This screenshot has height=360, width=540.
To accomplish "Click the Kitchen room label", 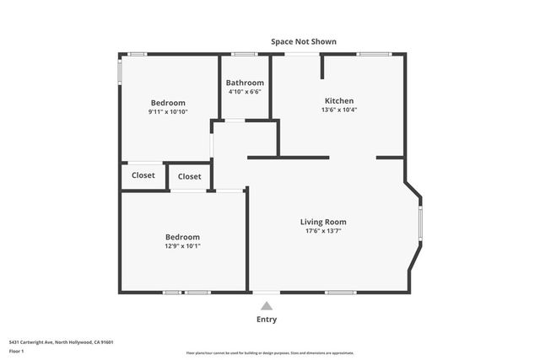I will click(x=338, y=100).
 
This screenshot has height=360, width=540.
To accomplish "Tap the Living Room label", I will click(x=323, y=222).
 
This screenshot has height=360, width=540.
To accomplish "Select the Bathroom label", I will click(x=245, y=83).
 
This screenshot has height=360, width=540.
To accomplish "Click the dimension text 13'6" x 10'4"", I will click(x=338, y=110).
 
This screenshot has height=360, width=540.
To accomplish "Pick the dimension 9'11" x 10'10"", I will click(x=168, y=111).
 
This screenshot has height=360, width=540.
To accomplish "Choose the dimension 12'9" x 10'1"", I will click(x=182, y=246).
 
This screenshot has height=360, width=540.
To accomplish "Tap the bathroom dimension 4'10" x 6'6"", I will click(x=245, y=91).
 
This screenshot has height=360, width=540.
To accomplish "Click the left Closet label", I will click(x=143, y=175).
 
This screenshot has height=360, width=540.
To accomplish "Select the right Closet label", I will click(x=190, y=176).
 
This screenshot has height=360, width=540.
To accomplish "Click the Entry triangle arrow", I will click(x=267, y=306).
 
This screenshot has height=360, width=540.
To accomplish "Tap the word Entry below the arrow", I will click(x=267, y=320).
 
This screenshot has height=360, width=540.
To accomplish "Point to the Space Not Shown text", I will click(x=304, y=41).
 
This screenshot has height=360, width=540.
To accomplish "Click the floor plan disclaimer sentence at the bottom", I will click(x=270, y=353).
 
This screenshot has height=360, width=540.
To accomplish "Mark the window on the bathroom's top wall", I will click(x=245, y=55).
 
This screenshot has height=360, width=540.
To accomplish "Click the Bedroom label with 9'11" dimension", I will click(x=168, y=102).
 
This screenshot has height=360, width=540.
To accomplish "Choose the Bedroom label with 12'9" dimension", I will click(x=182, y=237).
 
